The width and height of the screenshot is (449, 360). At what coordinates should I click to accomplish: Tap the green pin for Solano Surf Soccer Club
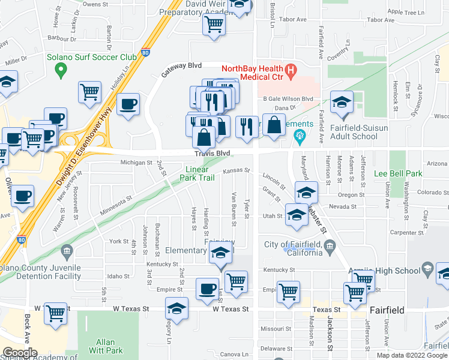[60, 70]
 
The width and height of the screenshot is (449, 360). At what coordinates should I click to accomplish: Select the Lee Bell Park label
[398, 174]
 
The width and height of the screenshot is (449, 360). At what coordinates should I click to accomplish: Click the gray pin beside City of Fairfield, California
[330, 245]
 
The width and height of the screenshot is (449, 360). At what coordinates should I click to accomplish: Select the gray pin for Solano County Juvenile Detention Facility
[66, 250]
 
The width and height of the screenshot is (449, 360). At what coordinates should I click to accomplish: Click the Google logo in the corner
[19, 353]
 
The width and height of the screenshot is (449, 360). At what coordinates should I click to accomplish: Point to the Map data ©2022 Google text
[412, 355]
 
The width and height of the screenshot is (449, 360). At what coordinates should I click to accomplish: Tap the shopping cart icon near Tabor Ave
[213, 25]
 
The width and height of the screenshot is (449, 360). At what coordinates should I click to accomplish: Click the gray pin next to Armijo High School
[427, 267]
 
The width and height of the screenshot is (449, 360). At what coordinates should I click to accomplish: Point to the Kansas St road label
[236, 171]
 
